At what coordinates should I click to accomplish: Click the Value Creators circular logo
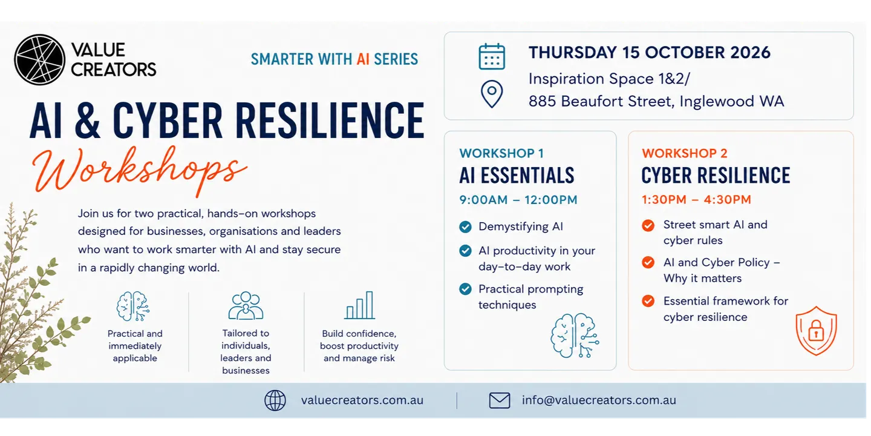[39, 59]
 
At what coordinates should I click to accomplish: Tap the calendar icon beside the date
[492, 57]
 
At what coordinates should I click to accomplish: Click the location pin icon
[492, 94]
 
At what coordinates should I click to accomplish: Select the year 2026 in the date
[750, 53]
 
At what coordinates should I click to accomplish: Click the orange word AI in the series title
[363, 59]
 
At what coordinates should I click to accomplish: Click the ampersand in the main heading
[87, 121]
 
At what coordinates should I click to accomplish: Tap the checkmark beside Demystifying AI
[465, 226]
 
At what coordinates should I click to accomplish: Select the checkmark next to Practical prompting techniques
[465, 289]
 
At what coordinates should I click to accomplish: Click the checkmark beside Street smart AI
[648, 225]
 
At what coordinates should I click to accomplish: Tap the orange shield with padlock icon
[816, 331]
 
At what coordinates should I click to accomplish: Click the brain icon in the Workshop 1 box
[575, 335]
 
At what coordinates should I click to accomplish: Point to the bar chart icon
[360, 305]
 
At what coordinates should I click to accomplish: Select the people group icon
[246, 306]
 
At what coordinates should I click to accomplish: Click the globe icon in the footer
[275, 400]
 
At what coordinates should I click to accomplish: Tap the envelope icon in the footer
[499, 400]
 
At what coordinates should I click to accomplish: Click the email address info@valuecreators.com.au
[599, 400]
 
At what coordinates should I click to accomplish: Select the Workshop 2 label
[684, 153]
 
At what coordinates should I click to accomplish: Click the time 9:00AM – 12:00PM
[518, 200]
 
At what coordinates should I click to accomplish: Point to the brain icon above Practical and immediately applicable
[133, 306]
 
